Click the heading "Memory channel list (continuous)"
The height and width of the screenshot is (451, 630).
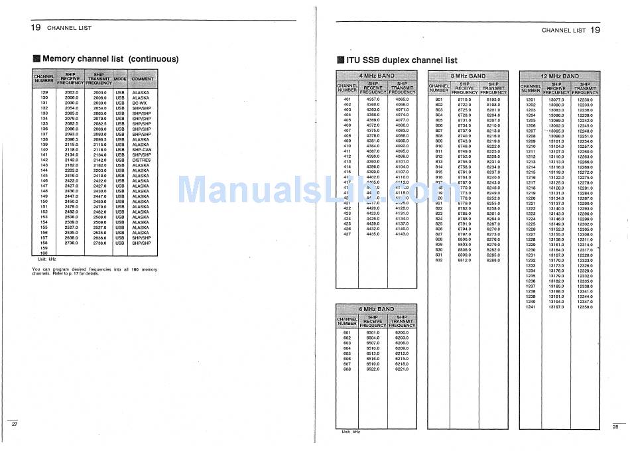(110, 59)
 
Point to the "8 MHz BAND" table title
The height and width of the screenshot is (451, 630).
(468, 76)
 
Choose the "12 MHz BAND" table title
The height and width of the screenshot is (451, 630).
(560, 76)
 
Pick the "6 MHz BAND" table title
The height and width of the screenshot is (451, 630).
(376, 309)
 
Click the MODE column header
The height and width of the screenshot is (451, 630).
(120, 79)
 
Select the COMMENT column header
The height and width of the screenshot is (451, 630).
(143, 79)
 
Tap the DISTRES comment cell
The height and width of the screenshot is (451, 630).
(141, 160)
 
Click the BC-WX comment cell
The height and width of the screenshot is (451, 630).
(139, 103)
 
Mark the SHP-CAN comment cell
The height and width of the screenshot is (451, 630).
(142, 150)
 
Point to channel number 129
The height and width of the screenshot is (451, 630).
(44, 92)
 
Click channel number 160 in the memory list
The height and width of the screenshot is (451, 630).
(44, 253)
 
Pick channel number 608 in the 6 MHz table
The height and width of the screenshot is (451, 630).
(347, 369)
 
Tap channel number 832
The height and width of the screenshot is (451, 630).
(439, 260)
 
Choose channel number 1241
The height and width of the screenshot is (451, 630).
(531, 306)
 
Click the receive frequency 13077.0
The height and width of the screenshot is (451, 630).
(556, 99)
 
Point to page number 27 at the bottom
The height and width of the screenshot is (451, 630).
(15, 423)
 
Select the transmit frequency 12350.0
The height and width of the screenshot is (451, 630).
(584, 306)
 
